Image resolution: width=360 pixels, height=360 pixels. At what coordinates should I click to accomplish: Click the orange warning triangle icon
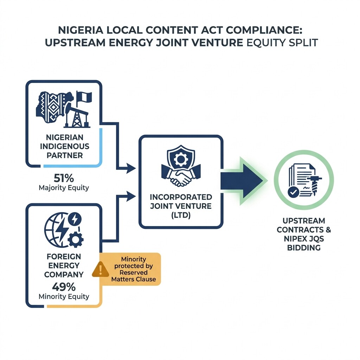(100, 269)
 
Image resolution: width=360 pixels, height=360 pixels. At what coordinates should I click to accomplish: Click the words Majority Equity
(64, 188)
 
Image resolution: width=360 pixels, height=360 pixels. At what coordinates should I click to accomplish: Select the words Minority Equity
(64, 296)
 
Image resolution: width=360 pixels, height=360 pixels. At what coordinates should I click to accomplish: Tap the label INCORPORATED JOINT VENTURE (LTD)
(181, 206)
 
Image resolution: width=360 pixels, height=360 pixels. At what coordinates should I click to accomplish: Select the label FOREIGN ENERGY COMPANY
(64, 265)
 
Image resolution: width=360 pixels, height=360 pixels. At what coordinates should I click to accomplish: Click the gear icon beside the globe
(75, 240)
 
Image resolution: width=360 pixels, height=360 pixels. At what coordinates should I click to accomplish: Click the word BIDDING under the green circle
(303, 248)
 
